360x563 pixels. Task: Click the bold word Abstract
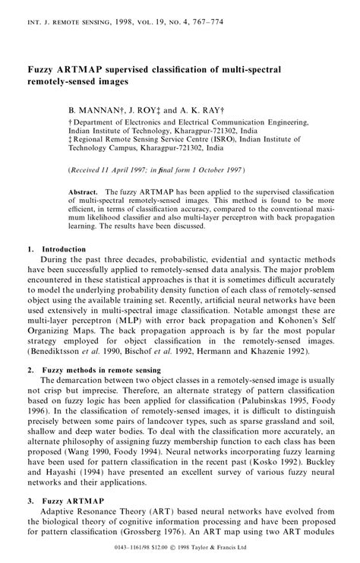click(83, 193)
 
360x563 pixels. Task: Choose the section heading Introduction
click(64, 248)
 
